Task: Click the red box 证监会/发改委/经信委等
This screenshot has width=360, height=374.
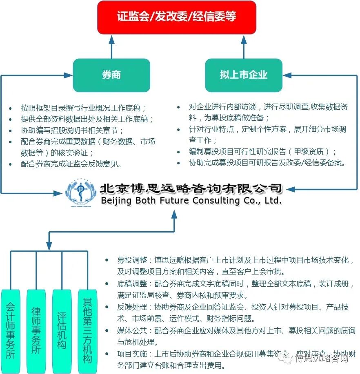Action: [176, 17]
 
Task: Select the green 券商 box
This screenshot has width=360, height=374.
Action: [111, 75]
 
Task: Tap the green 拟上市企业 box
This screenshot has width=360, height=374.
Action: [243, 75]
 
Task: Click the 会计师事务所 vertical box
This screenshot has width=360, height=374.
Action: [11, 330]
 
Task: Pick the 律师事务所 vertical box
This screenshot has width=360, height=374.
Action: [36, 330]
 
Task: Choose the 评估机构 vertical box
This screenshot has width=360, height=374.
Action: [62, 330]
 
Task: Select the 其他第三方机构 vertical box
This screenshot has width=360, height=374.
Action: [87, 330]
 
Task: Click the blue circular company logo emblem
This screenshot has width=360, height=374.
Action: [81, 193]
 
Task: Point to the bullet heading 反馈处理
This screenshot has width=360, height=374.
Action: [129, 307]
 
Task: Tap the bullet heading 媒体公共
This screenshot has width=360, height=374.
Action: [129, 330]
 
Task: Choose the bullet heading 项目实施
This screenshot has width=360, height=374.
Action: [129, 354]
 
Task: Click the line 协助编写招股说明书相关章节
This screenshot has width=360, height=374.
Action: [72, 131]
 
